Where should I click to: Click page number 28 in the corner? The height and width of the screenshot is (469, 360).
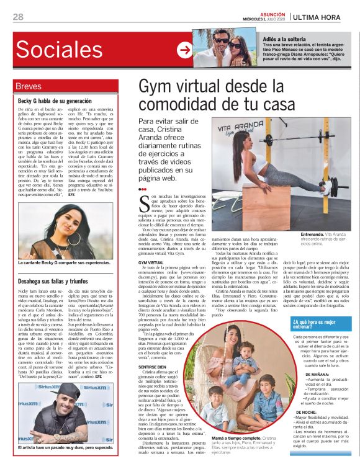click(18, 17)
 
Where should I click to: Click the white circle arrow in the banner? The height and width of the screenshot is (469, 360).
click(184, 50)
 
